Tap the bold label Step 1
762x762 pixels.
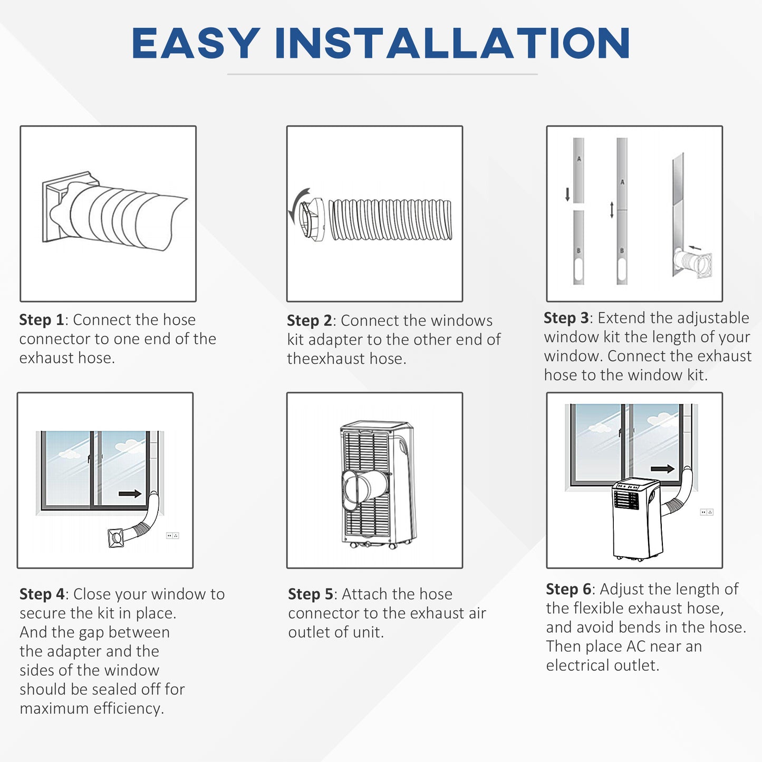[41, 320]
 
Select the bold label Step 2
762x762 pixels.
[309, 321]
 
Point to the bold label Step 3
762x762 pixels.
[566, 318]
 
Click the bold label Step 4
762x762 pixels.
[42, 594]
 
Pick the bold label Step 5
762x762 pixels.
[310, 594]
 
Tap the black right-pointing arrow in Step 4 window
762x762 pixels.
[130, 494]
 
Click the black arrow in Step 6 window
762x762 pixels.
[662, 469]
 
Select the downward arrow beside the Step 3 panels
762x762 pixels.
[567, 194]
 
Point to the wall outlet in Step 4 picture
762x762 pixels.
[172, 536]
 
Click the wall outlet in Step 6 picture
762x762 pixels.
[706, 512]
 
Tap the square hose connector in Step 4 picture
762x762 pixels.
[116, 538]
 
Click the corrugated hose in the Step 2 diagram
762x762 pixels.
[390, 220]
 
